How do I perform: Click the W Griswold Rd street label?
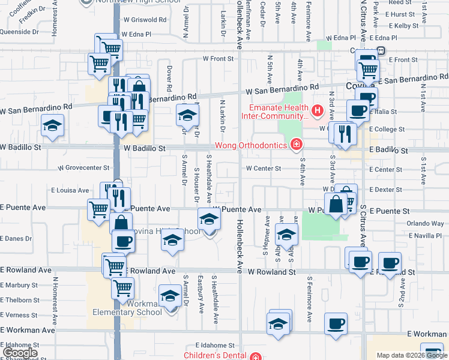[x=148, y=19]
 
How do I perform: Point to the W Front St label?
[x=217, y=59]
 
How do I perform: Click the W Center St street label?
[x=263, y=169]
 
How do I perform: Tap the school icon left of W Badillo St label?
[x=52, y=127]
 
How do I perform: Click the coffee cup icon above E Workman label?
[x=336, y=324]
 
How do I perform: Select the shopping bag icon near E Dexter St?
[x=337, y=204]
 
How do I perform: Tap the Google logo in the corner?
[x=20, y=352]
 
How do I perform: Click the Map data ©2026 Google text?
[x=412, y=356]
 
